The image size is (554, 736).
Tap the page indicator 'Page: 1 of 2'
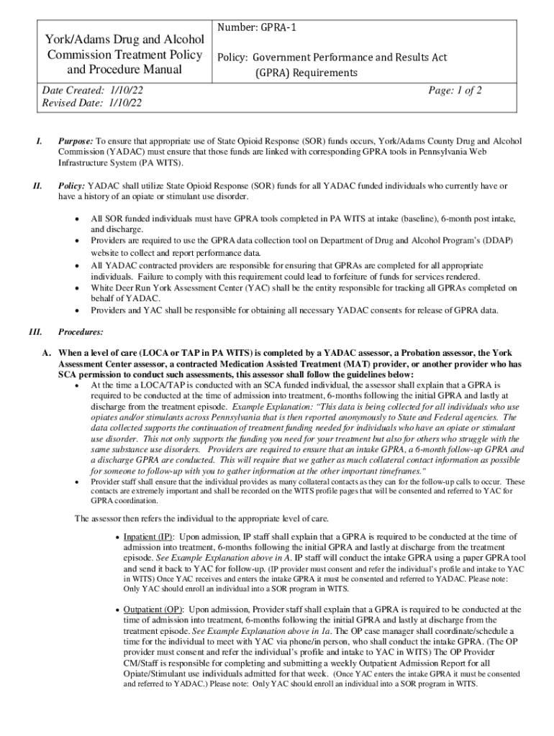455,90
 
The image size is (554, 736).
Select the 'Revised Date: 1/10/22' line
91,103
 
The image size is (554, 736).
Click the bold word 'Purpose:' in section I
76,141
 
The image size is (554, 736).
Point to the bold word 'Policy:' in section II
72,186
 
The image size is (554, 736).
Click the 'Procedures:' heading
80,332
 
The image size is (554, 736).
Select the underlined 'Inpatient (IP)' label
148,537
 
